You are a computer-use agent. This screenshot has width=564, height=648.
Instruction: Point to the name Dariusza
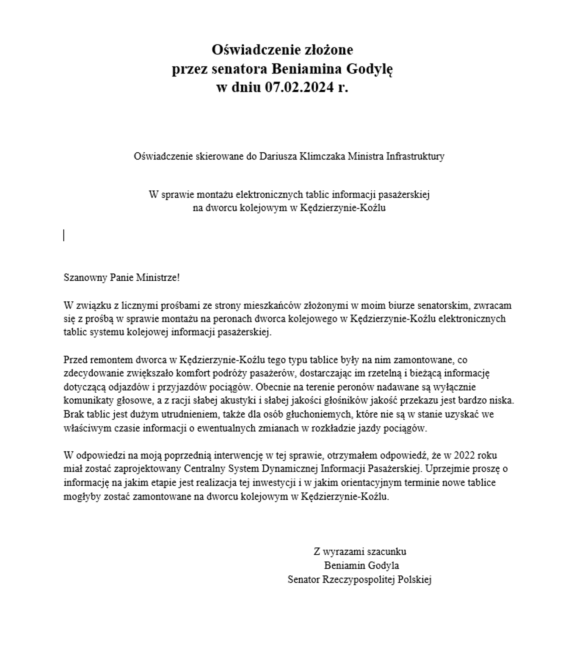tap(278, 156)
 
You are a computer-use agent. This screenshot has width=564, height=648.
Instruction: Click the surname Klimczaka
tap(322, 156)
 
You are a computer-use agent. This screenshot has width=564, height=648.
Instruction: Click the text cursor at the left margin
tap(64, 235)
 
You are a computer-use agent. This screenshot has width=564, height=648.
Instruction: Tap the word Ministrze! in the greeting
tap(158, 277)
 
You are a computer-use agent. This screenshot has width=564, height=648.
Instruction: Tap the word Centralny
tap(204, 469)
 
